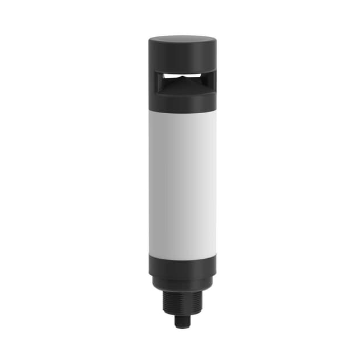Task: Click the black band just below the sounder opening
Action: pos(182,101)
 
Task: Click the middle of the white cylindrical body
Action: pos(182,182)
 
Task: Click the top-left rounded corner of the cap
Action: pos(151,41)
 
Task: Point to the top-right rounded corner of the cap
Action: pos(213,41)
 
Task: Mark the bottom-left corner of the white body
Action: pos(150,253)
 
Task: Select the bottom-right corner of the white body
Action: pos(215,253)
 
